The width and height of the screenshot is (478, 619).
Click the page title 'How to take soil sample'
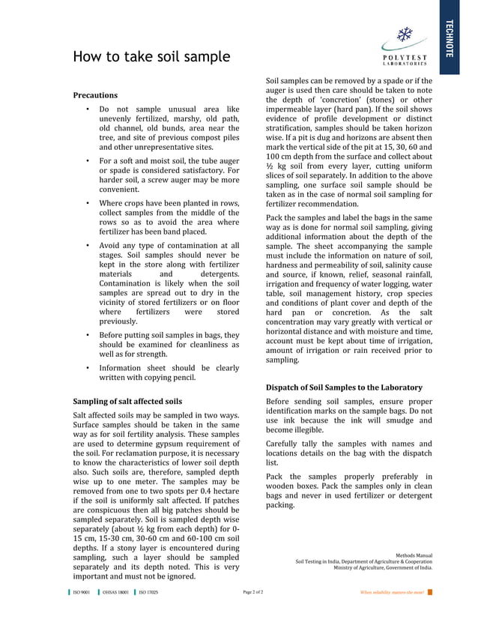point(151,57)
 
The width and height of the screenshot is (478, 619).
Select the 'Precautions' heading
point(95,95)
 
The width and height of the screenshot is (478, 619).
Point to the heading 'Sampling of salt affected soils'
point(127,401)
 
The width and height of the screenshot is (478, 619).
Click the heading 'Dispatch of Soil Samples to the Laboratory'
point(344,387)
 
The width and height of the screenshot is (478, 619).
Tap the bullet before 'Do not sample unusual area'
point(87,109)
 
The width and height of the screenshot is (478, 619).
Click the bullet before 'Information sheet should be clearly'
point(87,368)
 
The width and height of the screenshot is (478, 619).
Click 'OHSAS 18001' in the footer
point(115,593)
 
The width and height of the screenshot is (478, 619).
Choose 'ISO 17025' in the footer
point(148,593)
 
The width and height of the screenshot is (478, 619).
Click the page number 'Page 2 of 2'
point(253,593)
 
